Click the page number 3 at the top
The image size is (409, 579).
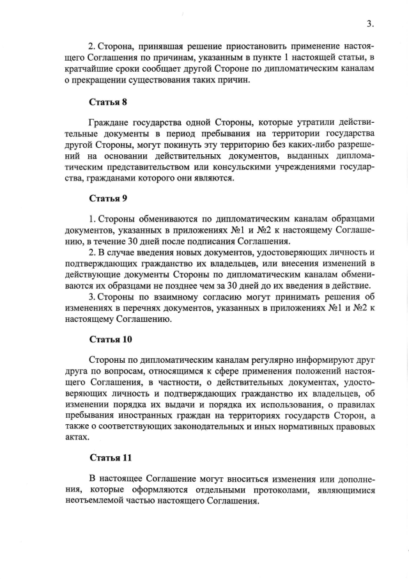point(369,24)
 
